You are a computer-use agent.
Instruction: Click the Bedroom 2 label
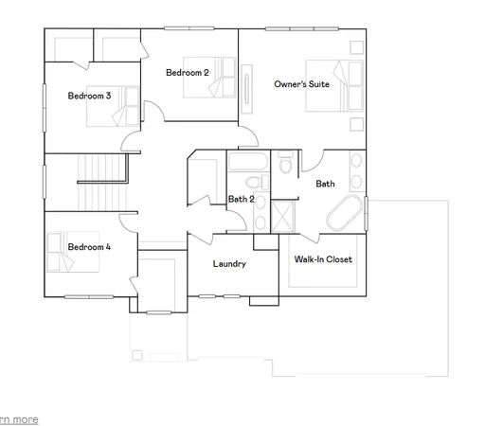187,73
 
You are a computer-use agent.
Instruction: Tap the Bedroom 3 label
89,96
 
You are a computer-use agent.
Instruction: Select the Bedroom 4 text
89,247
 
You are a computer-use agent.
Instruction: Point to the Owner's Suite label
301,84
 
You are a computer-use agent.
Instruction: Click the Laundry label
229,264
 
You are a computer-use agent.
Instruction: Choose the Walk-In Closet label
322,258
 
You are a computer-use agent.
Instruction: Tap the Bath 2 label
241,199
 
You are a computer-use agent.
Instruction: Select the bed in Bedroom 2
217,77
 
